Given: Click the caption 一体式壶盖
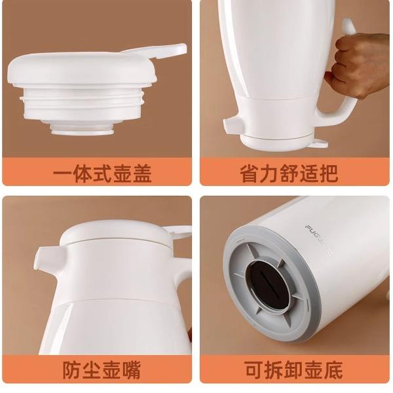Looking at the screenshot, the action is [x=102, y=173].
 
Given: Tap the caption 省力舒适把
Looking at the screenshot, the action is [x=289, y=173].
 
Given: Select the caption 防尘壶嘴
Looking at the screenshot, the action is [x=102, y=369].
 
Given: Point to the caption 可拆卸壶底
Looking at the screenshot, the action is [x=293, y=369].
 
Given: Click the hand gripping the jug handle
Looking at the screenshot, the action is [x=358, y=66].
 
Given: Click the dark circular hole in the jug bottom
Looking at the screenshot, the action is [x=268, y=285].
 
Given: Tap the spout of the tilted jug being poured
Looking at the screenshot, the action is [x=234, y=126].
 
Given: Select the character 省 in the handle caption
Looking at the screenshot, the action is [x=249, y=173].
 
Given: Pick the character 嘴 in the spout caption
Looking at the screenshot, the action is [x=132, y=369].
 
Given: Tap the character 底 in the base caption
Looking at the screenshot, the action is [x=333, y=369].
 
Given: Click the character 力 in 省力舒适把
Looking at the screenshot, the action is [x=269, y=173].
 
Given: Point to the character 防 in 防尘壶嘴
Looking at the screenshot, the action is [x=72, y=369].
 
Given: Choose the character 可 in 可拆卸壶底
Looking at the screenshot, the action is [x=253, y=369].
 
